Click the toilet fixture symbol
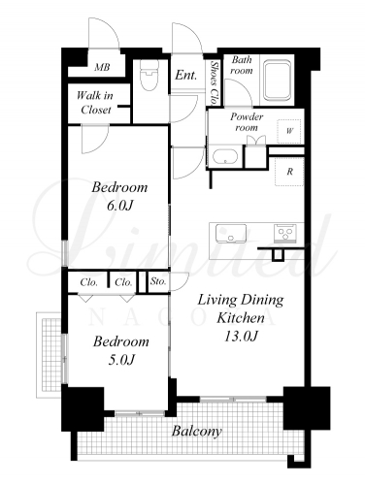(x=149, y=75)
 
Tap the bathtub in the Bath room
(x=278, y=80)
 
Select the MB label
(x=102, y=67)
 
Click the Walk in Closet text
(x=95, y=103)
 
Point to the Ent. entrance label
(x=186, y=76)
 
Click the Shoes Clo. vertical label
(x=214, y=83)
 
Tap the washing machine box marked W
(x=289, y=131)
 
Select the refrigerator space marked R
(x=289, y=172)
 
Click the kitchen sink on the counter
(x=230, y=233)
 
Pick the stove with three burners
(x=285, y=233)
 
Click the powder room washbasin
(x=225, y=157)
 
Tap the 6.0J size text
(x=120, y=206)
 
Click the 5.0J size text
(x=121, y=360)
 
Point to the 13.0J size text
(x=241, y=337)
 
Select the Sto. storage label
(x=158, y=281)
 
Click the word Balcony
(x=197, y=431)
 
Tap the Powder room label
(x=247, y=121)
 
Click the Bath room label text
(x=242, y=65)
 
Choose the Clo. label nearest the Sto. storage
(x=123, y=282)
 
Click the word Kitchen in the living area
(x=241, y=318)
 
